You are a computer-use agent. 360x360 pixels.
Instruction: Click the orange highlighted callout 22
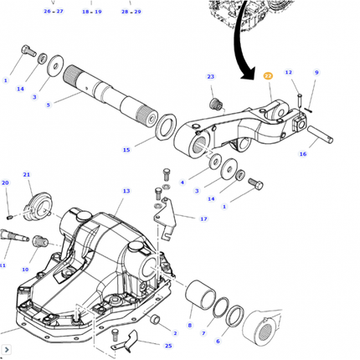268,75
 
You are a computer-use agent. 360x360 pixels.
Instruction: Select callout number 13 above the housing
126,192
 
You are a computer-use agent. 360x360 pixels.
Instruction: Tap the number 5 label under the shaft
48,105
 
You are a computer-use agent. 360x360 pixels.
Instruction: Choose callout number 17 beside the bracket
203,219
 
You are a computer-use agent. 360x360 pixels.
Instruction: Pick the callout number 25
167,345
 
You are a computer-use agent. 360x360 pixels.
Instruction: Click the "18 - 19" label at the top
92,13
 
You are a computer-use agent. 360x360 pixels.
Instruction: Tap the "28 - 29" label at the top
131,13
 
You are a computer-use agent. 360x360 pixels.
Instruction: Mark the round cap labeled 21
36,204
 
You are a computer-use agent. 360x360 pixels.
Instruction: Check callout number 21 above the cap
27,175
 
